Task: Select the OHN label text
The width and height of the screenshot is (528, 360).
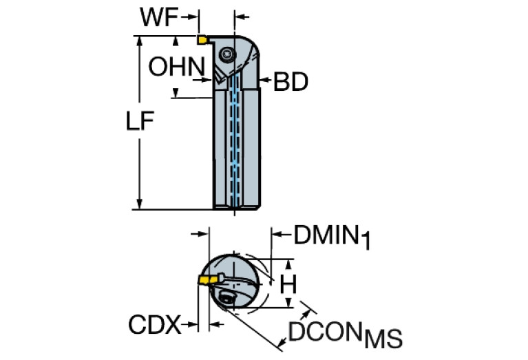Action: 177,67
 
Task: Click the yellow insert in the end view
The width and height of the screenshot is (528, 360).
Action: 205,279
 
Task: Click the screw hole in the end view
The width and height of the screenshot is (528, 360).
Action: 226,298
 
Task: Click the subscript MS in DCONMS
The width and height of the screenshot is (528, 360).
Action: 383,339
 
